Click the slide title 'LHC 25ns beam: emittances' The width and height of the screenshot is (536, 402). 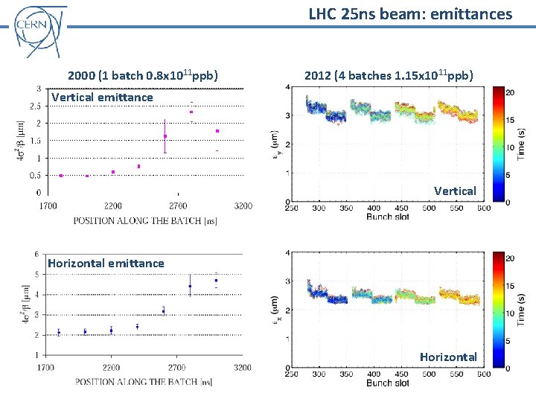pyautogui.click(x=410, y=13)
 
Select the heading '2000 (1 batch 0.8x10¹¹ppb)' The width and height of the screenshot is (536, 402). pyautogui.click(x=143, y=75)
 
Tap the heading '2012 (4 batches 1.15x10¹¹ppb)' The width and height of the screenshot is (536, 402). pyautogui.click(x=389, y=75)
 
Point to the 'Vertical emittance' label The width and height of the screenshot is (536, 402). pyautogui.click(x=102, y=97)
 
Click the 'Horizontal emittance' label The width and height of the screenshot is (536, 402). pyautogui.click(x=106, y=263)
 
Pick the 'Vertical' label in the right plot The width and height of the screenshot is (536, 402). pyautogui.click(x=455, y=191)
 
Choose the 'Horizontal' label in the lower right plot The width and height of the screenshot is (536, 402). pyautogui.click(x=447, y=357)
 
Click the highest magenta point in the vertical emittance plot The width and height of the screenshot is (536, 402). pyautogui.click(x=191, y=112)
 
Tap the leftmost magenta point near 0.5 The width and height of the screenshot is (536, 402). pyautogui.click(x=61, y=176)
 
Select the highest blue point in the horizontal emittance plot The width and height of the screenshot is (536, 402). pyautogui.click(x=216, y=281)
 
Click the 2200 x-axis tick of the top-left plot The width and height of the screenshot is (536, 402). pyautogui.click(x=113, y=205)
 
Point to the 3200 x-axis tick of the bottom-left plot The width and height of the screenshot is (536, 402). pyautogui.click(x=241, y=367)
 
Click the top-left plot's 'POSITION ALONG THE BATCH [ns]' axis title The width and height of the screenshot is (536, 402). pyautogui.click(x=145, y=220)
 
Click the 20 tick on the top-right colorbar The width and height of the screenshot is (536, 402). pyautogui.click(x=511, y=92)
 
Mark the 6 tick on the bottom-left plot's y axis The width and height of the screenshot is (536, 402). pyautogui.click(x=36, y=254)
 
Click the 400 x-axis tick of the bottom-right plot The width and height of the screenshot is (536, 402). pyautogui.click(x=374, y=374)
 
